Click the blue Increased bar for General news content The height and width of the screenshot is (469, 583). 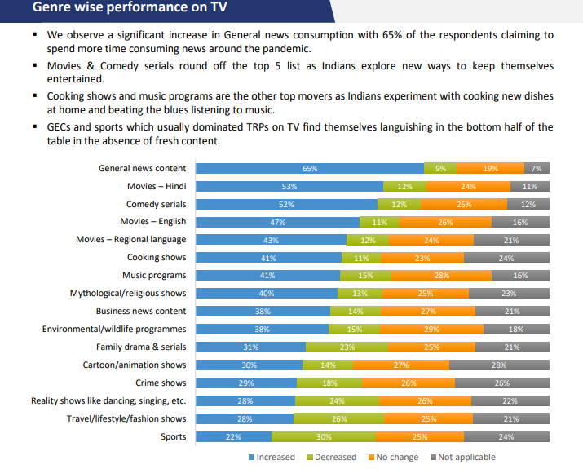click(310, 168)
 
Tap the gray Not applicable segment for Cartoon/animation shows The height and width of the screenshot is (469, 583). click(499, 365)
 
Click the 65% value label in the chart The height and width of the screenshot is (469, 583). click(310, 168)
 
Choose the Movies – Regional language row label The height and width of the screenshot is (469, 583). click(130, 240)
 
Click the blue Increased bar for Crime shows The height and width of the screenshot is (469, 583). click(245, 383)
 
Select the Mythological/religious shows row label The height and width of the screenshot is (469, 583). click(128, 294)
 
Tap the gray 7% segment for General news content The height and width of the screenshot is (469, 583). click(537, 168)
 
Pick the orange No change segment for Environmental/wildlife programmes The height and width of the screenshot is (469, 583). click(432, 329)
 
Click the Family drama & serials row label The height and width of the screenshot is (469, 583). click(141, 347)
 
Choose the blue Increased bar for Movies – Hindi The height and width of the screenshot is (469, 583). click(289, 186)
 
